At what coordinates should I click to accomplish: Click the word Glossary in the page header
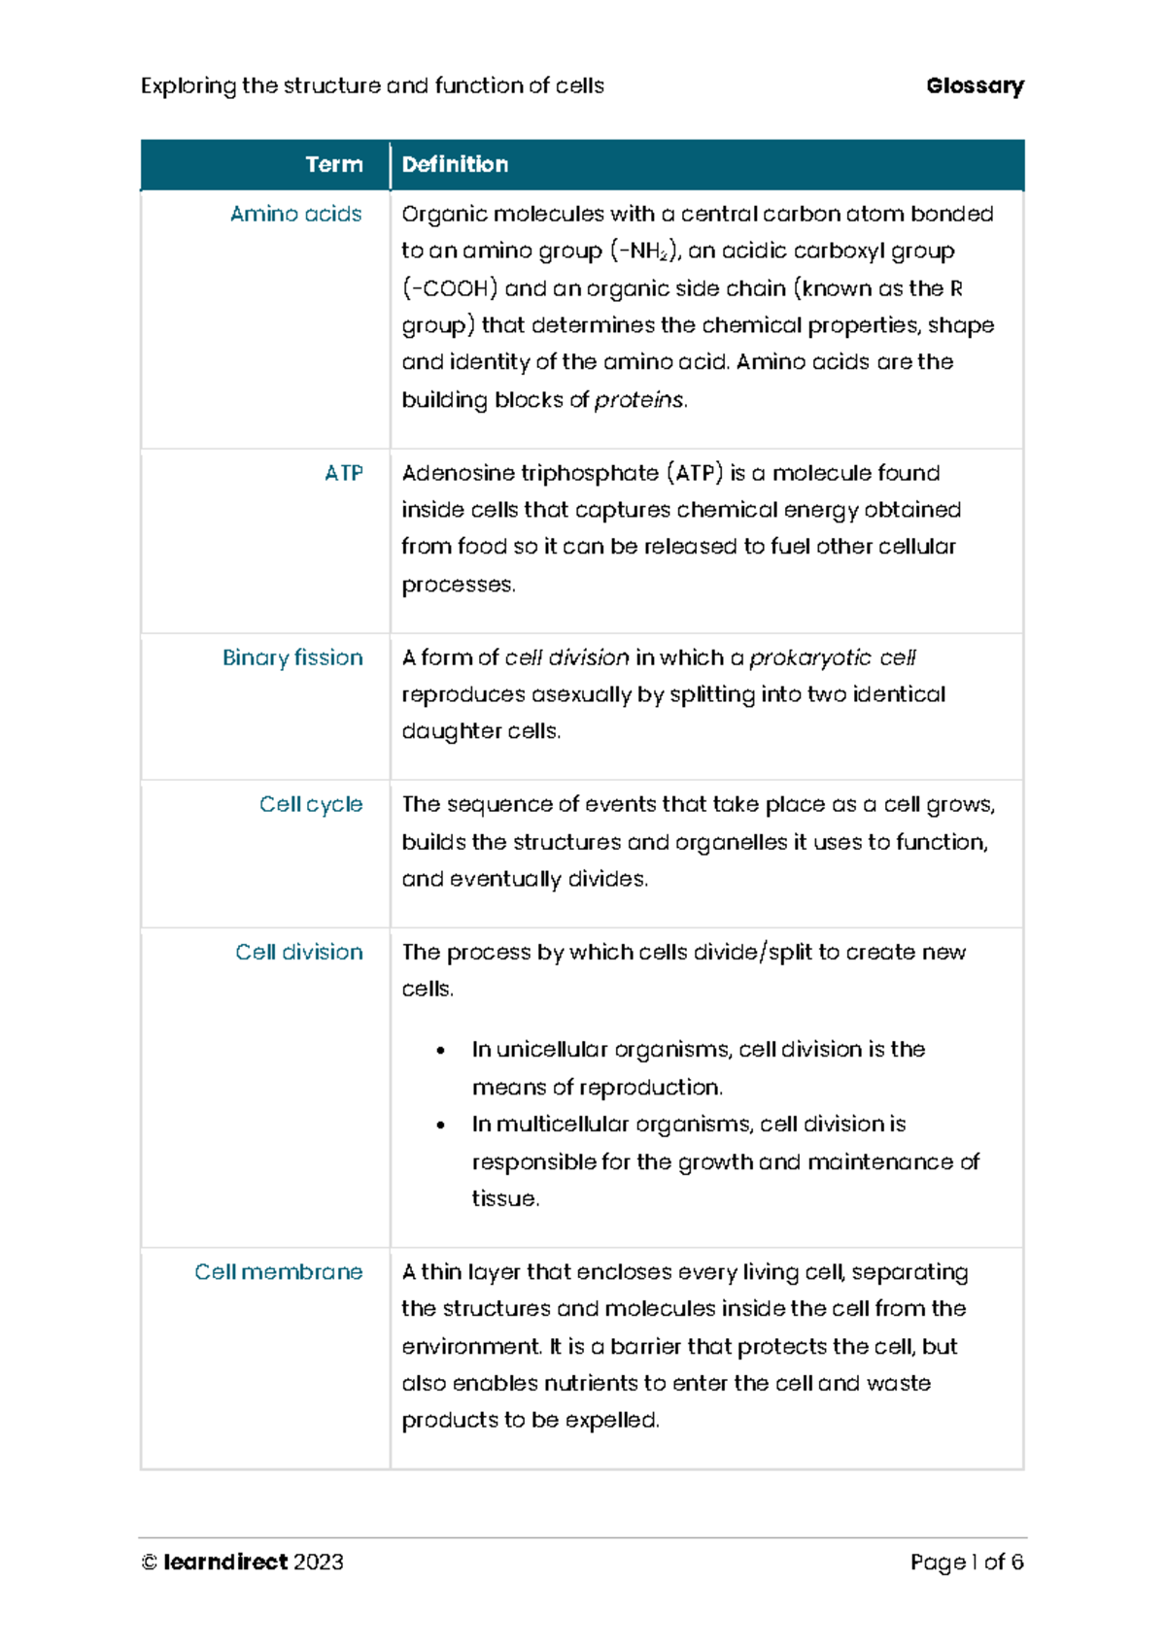(975, 85)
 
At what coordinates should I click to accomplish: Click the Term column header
(334, 164)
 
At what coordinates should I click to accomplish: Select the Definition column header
(455, 164)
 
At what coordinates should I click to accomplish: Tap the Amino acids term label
(295, 214)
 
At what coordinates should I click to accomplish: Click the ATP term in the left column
(343, 473)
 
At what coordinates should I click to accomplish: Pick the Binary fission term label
(292, 657)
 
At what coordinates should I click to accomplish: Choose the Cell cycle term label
(311, 804)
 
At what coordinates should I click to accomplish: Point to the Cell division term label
(299, 952)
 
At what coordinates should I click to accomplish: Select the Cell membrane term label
(279, 1271)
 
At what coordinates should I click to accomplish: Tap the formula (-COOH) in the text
(450, 288)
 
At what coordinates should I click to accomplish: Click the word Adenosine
(458, 473)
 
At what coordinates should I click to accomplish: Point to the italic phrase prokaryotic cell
(832, 657)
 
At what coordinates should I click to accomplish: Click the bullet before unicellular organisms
(441, 1050)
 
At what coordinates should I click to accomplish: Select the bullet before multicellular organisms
(441, 1125)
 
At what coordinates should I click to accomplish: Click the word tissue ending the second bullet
(503, 1198)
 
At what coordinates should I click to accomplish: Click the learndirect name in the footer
(225, 1562)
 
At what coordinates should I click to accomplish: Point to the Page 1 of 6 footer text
(967, 1562)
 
